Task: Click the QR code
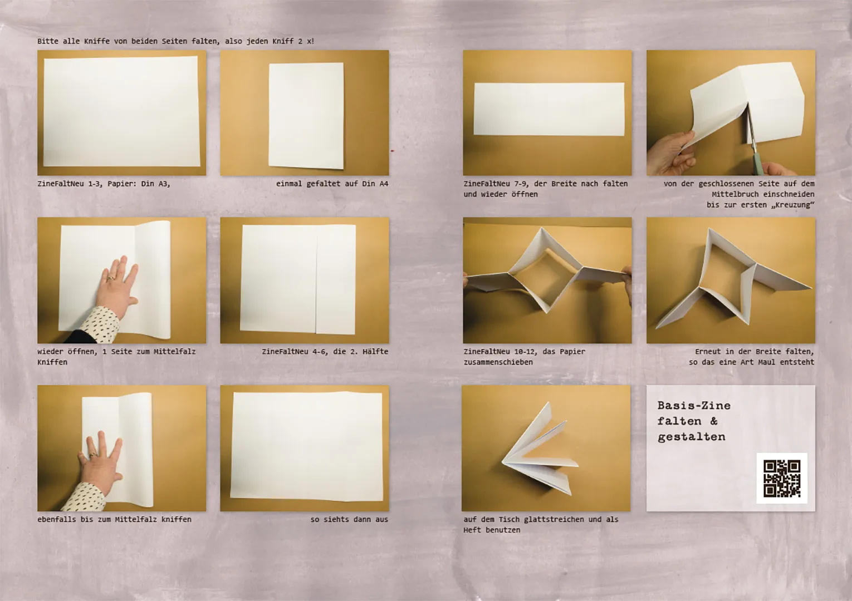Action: [x=781, y=479]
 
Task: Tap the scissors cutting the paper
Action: [x=752, y=141]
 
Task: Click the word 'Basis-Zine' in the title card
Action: [x=693, y=406]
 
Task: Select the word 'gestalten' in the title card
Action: [x=691, y=437]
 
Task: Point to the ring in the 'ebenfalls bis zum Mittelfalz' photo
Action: [x=92, y=455]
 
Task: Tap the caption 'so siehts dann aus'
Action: [x=349, y=519]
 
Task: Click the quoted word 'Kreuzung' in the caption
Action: [x=792, y=205]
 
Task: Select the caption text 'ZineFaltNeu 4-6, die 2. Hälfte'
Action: [x=325, y=352]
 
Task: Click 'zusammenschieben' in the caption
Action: [x=498, y=362]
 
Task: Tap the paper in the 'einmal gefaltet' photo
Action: [x=306, y=115]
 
